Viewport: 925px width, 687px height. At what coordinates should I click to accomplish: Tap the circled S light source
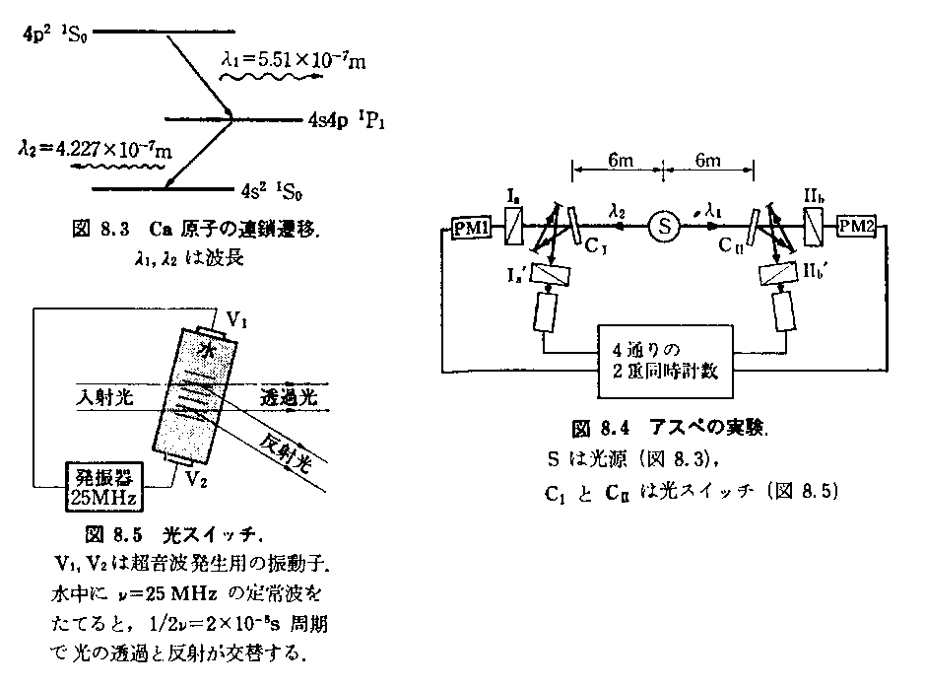point(664,227)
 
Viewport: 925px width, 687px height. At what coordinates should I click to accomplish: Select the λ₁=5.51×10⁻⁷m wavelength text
point(294,62)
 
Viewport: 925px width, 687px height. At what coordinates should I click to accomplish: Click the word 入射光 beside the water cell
point(104,397)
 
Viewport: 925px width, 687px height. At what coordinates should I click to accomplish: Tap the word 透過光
point(286,397)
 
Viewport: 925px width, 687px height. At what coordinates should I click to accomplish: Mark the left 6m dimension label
point(620,163)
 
